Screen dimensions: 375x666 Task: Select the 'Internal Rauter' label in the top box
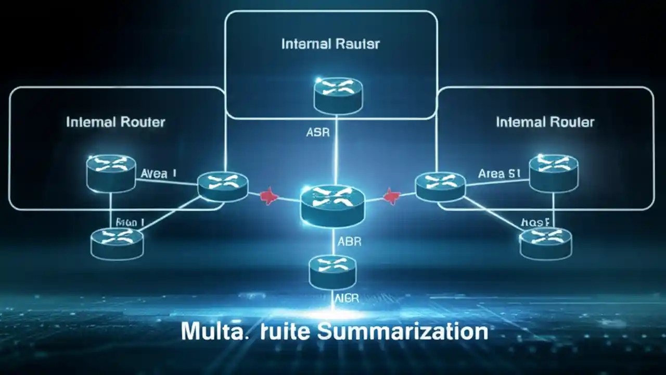[330, 44]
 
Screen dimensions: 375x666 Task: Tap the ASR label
[317, 132]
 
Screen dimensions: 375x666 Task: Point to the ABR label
[349, 242]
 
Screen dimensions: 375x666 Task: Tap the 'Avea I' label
[158, 173]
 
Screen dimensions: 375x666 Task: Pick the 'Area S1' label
[499, 173]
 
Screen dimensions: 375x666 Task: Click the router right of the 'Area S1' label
[554, 172]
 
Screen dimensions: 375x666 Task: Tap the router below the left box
[117, 242]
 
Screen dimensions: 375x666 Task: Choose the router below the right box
[545, 243]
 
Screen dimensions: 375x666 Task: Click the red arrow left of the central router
[268, 197]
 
